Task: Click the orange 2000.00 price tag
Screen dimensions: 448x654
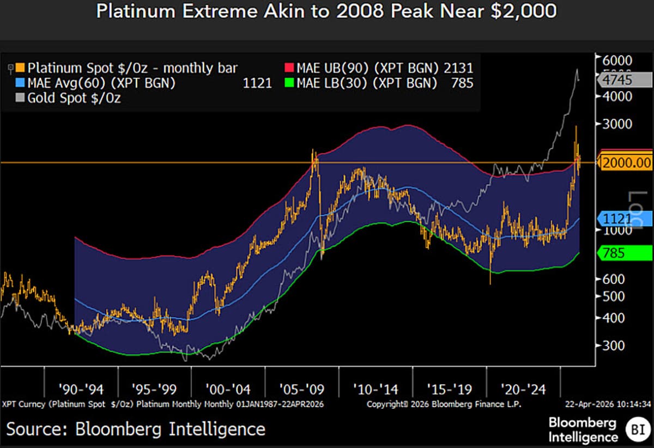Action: click(x=627, y=162)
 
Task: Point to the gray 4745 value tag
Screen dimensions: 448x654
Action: click(x=627, y=80)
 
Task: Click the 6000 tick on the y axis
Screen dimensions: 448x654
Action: click(x=621, y=60)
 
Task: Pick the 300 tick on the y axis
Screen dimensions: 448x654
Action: click(x=616, y=345)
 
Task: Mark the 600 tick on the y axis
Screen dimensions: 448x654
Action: click(x=616, y=279)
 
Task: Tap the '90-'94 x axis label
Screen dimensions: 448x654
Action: click(x=81, y=390)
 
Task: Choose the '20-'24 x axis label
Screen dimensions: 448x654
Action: click(x=522, y=390)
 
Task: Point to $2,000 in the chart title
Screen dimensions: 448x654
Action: click(x=523, y=12)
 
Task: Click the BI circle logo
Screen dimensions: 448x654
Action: click(x=635, y=429)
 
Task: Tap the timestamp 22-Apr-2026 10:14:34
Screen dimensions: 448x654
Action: click(x=607, y=404)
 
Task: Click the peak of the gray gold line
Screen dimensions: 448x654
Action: click(x=576, y=70)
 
